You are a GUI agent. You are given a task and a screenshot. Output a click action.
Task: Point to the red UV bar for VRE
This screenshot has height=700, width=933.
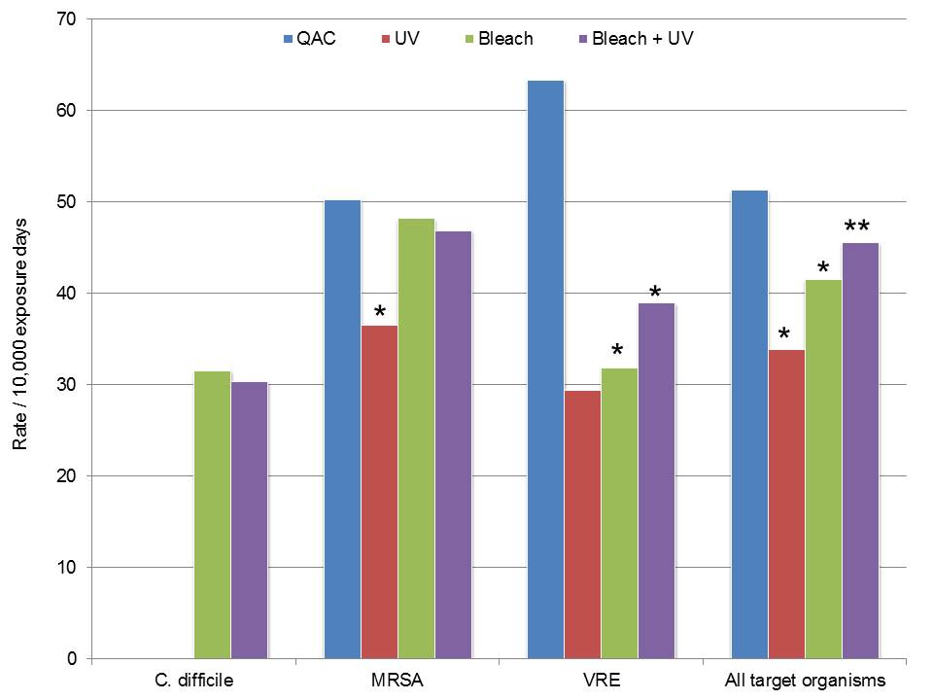pyautogui.click(x=582, y=524)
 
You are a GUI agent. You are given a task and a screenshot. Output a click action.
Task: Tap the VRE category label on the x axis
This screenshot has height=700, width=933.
pyautogui.click(x=600, y=681)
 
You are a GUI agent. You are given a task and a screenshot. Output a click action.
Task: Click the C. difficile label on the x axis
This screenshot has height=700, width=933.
pyautogui.click(x=192, y=681)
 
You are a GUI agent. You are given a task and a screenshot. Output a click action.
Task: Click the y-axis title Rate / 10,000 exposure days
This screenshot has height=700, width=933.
pyautogui.click(x=19, y=340)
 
